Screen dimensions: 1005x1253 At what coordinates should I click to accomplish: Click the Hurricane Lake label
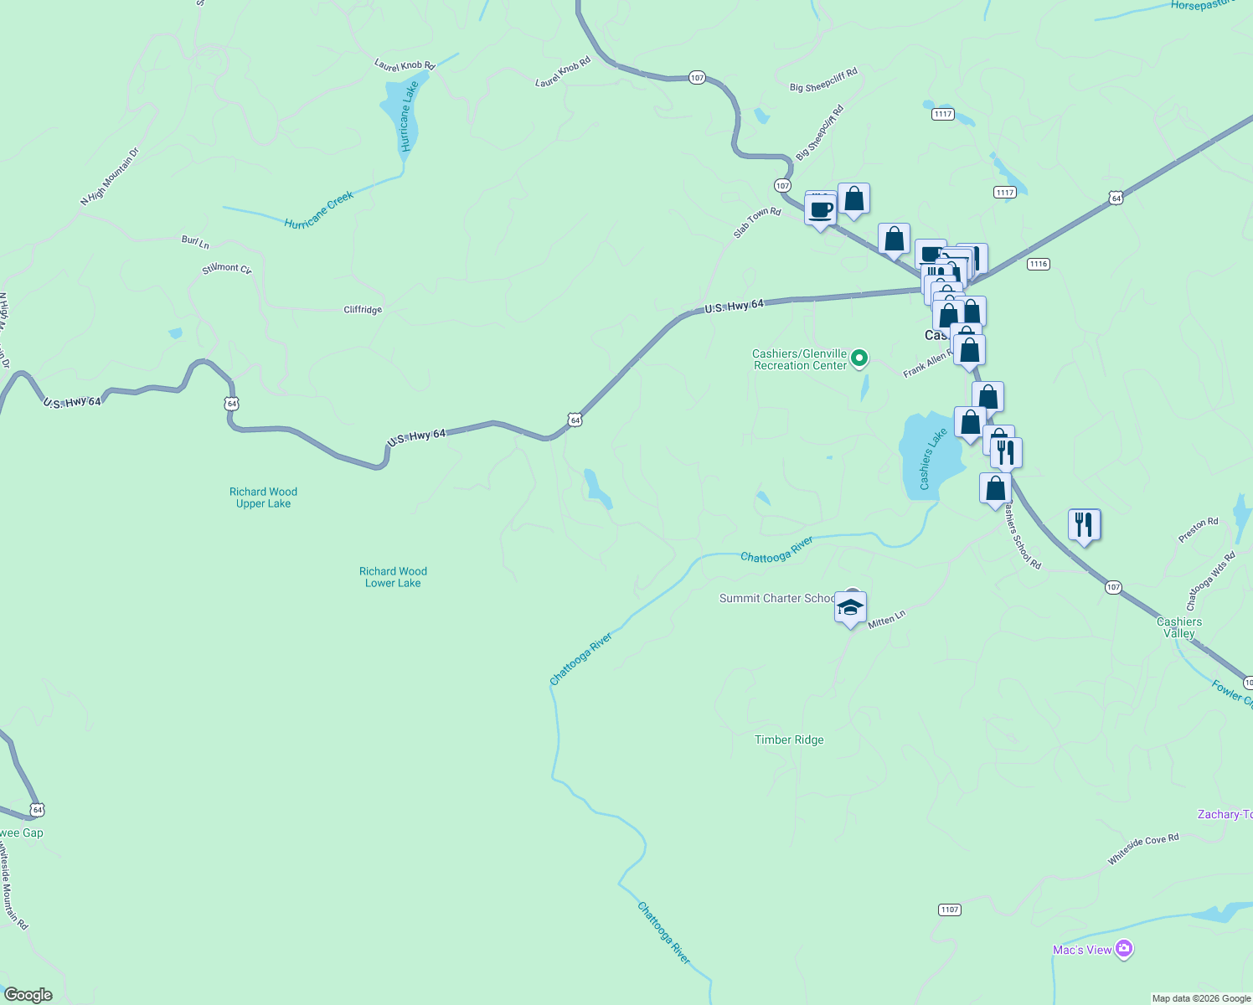pos(408,116)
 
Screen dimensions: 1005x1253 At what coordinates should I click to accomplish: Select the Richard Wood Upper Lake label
pos(263,497)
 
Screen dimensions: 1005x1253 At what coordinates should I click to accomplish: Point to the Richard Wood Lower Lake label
pos(393,577)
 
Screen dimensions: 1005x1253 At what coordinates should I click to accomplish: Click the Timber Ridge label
pos(789,740)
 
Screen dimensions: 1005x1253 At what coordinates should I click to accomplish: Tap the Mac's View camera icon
pos(1124,949)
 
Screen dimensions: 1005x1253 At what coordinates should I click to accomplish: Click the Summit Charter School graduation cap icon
pos(850,608)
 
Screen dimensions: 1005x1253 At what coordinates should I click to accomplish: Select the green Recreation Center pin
pos(859,358)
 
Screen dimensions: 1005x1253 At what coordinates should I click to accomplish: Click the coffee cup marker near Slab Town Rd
pos(821,209)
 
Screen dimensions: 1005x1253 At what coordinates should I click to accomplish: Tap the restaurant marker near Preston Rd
pos(1084,525)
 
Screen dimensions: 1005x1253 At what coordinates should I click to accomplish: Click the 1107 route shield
pos(949,910)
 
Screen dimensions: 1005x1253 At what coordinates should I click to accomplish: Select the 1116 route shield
pos(1038,264)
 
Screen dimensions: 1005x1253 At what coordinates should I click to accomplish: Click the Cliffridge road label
pos(363,310)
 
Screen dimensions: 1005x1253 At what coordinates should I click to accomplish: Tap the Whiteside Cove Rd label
pos(1143,848)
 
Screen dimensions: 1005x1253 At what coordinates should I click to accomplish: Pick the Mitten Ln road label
pos(887,619)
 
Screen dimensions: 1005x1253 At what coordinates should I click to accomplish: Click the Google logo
pos(28,995)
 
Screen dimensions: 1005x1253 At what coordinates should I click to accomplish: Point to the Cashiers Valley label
pos(1179,627)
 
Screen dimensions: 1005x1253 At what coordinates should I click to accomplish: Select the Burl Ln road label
pos(195,242)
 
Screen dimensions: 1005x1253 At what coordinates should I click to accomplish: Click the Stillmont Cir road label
pos(226,269)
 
